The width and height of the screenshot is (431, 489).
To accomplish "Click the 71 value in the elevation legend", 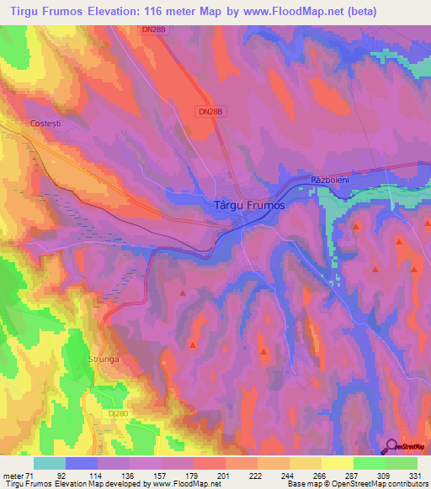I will (29, 476).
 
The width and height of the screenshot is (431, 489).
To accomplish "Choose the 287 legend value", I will (353, 476).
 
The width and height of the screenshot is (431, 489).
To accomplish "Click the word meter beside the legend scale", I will (12, 476).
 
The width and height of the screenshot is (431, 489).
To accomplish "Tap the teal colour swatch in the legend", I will (50, 463).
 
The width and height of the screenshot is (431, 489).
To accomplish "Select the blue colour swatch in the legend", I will (82, 463).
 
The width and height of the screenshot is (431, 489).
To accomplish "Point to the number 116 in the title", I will (148, 12).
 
